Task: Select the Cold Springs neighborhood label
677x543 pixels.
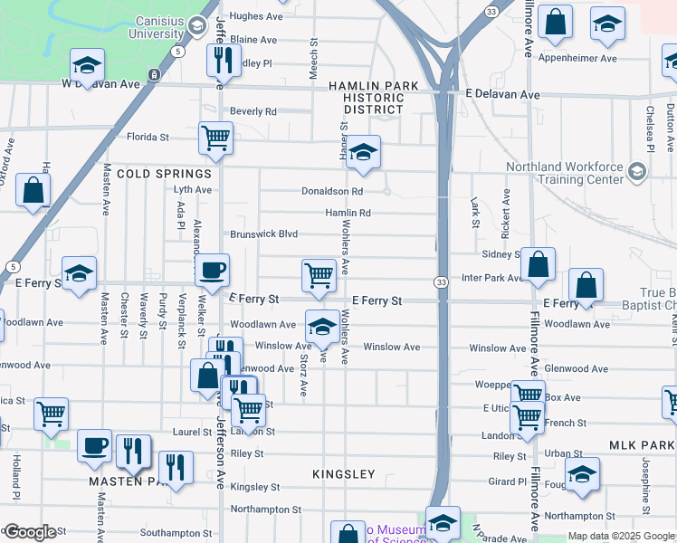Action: [x=164, y=173]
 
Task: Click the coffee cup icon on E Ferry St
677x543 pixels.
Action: [x=212, y=270]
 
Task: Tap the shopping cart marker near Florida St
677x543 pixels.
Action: [x=215, y=138]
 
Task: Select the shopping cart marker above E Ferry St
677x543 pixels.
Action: [x=319, y=274]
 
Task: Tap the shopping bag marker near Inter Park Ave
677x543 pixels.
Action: [x=538, y=265]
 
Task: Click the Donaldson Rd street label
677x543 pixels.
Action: [x=332, y=192]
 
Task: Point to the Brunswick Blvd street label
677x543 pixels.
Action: [x=263, y=233]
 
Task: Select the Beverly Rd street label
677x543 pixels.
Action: [x=253, y=111]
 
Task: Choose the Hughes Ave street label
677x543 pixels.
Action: [x=256, y=16]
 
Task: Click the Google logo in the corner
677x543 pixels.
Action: [x=30, y=532]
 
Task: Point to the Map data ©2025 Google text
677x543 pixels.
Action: [x=621, y=536]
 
